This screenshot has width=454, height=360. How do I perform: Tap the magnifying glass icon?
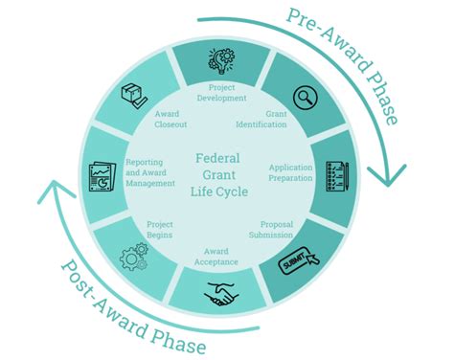click(x=306, y=97)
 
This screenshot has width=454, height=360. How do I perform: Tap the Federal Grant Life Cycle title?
click(x=221, y=176)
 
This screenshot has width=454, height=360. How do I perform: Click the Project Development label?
click(x=221, y=93)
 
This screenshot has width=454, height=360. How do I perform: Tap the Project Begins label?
click(x=160, y=229)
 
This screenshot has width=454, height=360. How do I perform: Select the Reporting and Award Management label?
click(x=150, y=172)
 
